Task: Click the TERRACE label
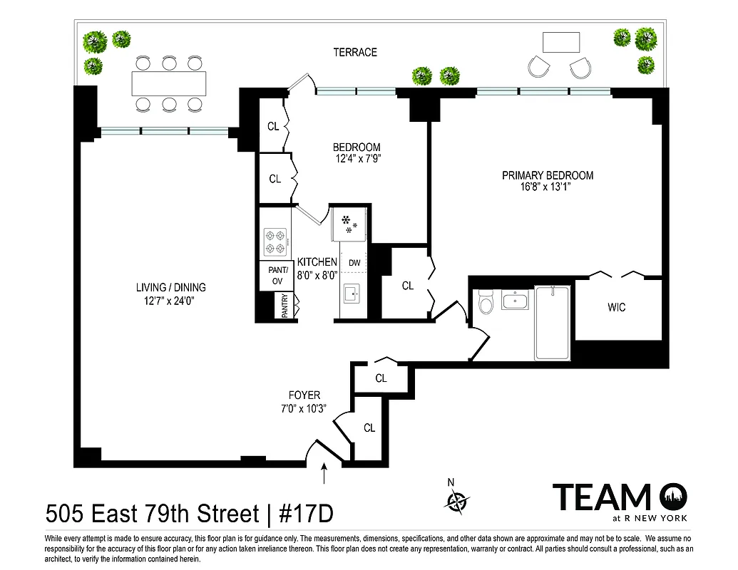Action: tap(354, 52)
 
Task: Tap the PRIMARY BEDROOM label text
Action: tap(547, 175)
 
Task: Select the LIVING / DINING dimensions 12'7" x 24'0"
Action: tap(170, 301)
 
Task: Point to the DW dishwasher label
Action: tap(354, 263)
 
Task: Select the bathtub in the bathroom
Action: tap(552, 323)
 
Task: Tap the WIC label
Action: tap(617, 307)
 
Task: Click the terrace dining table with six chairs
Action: tap(169, 84)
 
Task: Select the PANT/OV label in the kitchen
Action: tap(277, 275)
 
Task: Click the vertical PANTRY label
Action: tap(285, 306)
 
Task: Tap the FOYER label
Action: tap(304, 395)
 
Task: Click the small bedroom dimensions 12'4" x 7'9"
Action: tap(357, 159)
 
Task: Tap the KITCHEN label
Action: tap(317, 262)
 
